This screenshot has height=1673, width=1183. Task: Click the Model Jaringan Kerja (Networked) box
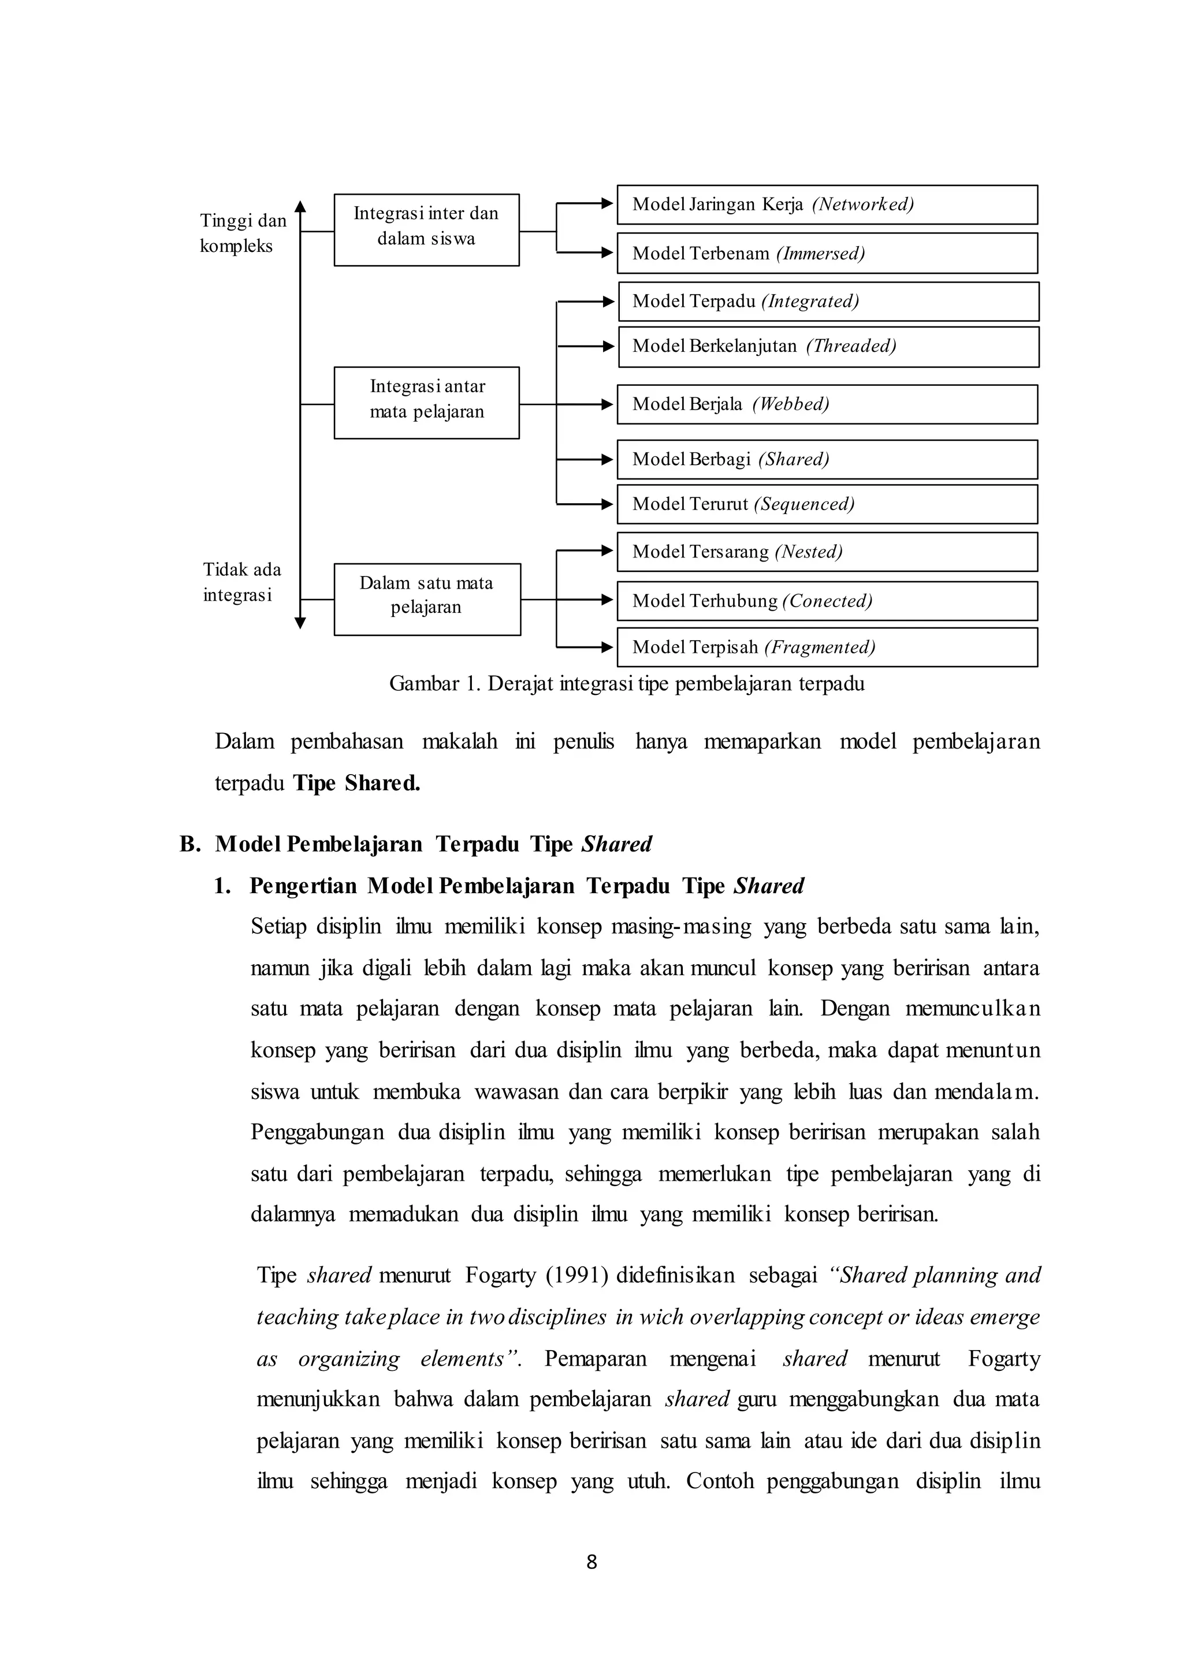(827, 205)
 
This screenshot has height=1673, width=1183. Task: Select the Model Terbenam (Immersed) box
(827, 254)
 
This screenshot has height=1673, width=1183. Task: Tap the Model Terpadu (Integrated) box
(828, 302)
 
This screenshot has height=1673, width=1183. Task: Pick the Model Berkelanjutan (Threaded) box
(828, 347)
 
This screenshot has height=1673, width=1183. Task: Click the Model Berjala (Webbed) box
(827, 404)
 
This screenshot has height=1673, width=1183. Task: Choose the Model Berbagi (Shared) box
(827, 460)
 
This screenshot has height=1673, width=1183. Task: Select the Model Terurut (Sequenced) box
(827, 504)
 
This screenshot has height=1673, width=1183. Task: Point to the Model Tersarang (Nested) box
(827, 552)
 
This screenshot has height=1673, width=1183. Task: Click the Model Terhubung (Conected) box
(827, 601)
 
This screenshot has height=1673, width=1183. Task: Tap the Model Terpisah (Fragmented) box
(827, 648)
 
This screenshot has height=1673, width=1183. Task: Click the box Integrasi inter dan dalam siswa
(426, 230)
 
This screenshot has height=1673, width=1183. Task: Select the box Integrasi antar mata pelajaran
(426, 403)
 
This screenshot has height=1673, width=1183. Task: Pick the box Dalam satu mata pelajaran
(427, 600)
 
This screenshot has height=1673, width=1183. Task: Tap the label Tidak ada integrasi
(241, 582)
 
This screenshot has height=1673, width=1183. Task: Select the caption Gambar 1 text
(627, 684)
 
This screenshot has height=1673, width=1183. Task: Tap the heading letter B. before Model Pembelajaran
(189, 845)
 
